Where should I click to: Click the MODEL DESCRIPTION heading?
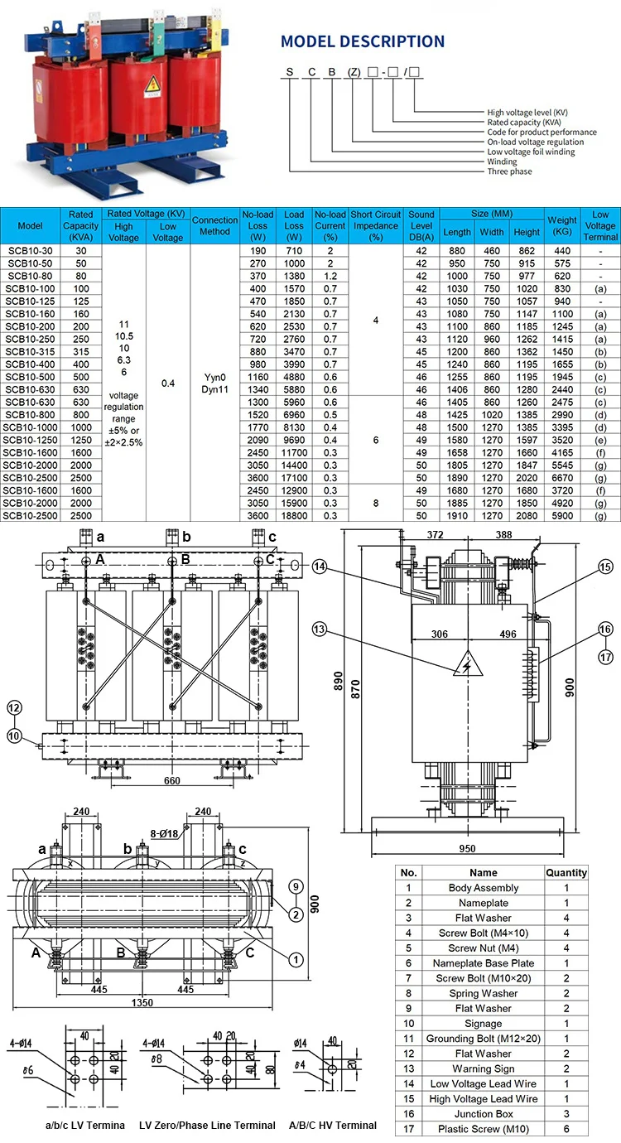pyautogui.click(x=363, y=41)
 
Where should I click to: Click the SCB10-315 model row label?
pyautogui.click(x=31, y=352)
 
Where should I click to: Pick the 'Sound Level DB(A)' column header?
pyautogui.click(x=421, y=226)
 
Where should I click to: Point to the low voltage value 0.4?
pyautogui.click(x=168, y=383)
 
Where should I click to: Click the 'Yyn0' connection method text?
pyautogui.click(x=214, y=377)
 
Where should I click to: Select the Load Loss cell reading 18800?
pyautogui.click(x=295, y=516)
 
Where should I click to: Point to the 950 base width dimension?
pyautogui.click(x=469, y=850)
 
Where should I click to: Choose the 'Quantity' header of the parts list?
pyautogui.click(x=566, y=872)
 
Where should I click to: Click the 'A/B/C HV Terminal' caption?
pyautogui.click(x=332, y=1125)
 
